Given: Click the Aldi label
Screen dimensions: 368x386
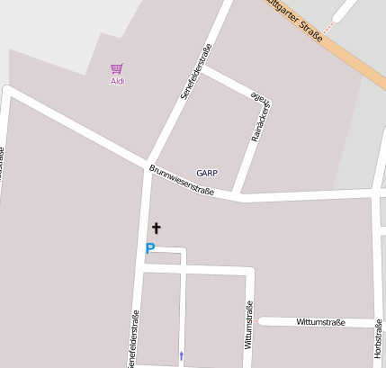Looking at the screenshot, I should pyautogui.click(x=117, y=82).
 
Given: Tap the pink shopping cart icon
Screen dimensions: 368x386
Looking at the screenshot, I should pyautogui.click(x=116, y=68).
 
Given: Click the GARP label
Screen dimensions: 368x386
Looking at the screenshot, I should pyautogui.click(x=207, y=173).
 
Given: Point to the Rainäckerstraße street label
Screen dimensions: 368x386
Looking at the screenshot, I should pyautogui.click(x=260, y=118).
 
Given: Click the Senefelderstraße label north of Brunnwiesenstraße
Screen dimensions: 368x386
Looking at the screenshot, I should pyautogui.click(x=195, y=69).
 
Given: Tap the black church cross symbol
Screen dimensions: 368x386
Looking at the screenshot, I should pyautogui.click(x=156, y=229).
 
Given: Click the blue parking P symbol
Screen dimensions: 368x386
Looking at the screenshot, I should pyautogui.click(x=150, y=248).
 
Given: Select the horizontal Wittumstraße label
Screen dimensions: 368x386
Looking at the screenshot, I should pyautogui.click(x=320, y=321).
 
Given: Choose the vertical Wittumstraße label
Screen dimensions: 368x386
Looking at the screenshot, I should pyautogui.click(x=248, y=324).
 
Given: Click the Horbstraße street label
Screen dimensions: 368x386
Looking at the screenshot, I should pyautogui.click(x=378, y=342).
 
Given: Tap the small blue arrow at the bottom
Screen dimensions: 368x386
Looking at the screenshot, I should pyautogui.click(x=182, y=356).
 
